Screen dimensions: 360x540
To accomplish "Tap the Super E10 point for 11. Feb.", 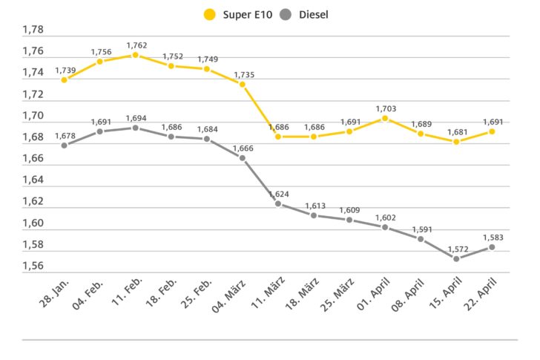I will pyautogui.click(x=135, y=55).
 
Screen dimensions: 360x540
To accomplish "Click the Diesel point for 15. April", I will pyautogui.click(x=455, y=258).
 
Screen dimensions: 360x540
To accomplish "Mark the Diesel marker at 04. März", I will pyautogui.click(x=242, y=157).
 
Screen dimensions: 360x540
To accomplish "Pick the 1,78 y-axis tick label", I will pyautogui.click(x=33, y=30).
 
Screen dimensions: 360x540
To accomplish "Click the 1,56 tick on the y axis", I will pyautogui.click(x=33, y=266).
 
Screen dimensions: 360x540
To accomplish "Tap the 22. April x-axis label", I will pyautogui.click(x=482, y=295).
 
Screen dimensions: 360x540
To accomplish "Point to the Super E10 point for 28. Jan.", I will pyautogui.click(x=64, y=79).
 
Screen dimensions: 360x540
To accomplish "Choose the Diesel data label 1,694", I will pyautogui.click(x=135, y=117).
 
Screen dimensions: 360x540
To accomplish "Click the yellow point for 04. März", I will pyautogui.click(x=242, y=84).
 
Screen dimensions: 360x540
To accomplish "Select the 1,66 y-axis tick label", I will pyautogui.click(x=33, y=159).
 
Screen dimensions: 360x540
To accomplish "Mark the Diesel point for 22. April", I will pyautogui.click(x=491, y=247).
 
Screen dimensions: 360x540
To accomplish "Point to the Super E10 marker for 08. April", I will pyautogui.click(x=420, y=134).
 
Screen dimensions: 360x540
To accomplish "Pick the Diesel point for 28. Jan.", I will pyautogui.click(x=64, y=145).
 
